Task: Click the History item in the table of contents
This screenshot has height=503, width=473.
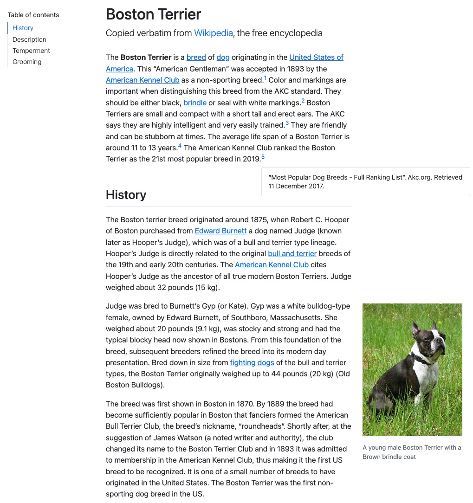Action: (x=23, y=28)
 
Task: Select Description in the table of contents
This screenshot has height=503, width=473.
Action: (x=29, y=39)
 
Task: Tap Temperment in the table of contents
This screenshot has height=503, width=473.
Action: (x=31, y=51)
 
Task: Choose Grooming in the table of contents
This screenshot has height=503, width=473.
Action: (x=27, y=62)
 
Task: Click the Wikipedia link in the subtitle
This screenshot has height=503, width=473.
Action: (x=214, y=33)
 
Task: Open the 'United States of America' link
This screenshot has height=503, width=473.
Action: (x=316, y=58)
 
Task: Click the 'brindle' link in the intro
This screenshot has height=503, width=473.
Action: (x=195, y=103)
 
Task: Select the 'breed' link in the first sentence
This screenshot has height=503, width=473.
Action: (x=196, y=58)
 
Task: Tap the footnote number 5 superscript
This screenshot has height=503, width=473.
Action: (x=263, y=157)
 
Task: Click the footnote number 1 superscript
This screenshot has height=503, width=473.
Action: (x=265, y=78)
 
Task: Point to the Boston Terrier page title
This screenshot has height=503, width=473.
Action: (x=153, y=14)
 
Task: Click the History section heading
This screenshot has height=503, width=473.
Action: (x=126, y=194)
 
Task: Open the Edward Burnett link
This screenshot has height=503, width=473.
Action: (x=220, y=231)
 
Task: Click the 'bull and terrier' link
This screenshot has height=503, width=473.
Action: (x=292, y=253)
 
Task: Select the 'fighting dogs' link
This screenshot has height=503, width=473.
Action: (x=252, y=362)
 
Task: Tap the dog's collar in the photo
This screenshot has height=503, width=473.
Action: (x=420, y=359)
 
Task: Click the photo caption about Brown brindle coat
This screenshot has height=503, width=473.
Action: (x=412, y=452)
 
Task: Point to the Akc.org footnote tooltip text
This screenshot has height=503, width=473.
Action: (x=365, y=181)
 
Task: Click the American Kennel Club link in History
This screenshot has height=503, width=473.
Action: (x=272, y=265)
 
